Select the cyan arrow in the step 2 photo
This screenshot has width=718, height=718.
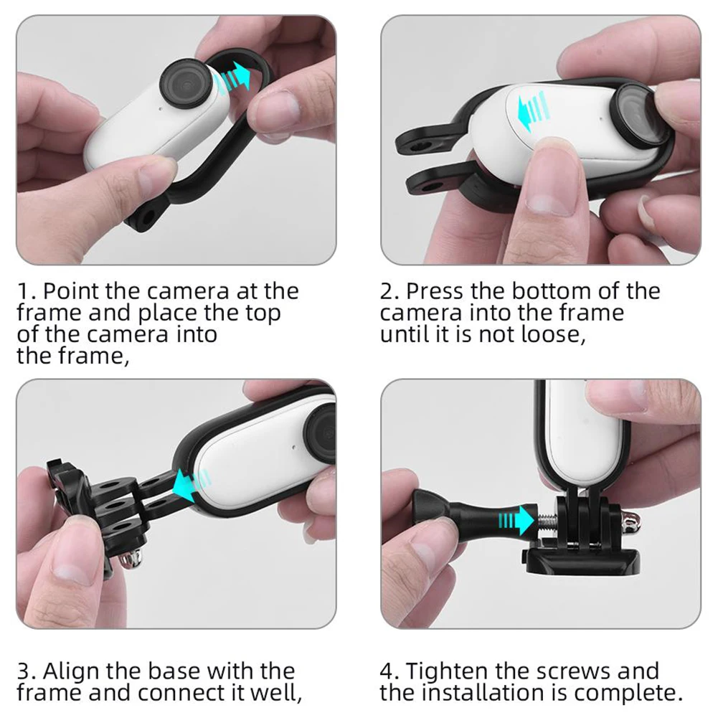click(x=532, y=110)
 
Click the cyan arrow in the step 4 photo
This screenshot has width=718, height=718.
click(x=516, y=521)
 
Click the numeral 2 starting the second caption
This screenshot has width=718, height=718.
click(x=387, y=291)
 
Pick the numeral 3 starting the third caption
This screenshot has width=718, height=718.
click(x=24, y=672)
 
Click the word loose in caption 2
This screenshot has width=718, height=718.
click(x=550, y=334)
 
